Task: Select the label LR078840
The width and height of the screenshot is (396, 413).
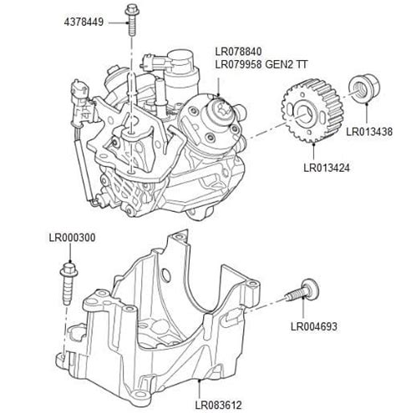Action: pyautogui.click(x=241, y=50)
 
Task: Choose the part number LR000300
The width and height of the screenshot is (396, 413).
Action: pyautogui.click(x=72, y=238)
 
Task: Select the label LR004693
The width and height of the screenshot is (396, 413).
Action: pyautogui.click(x=314, y=326)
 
